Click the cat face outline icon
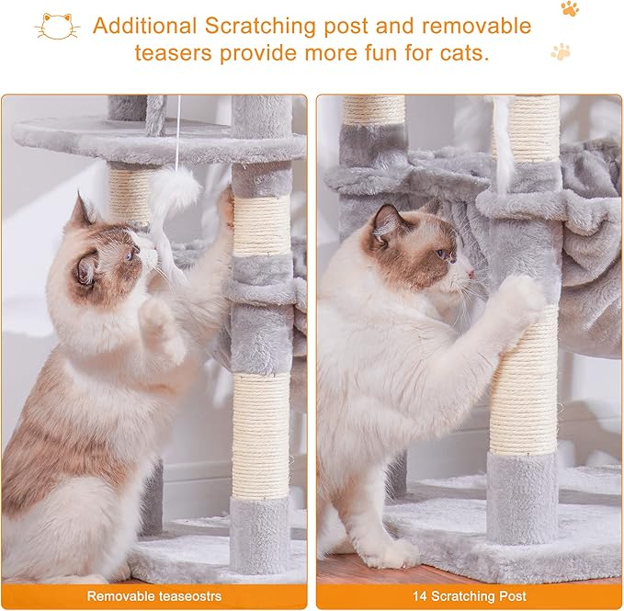coord(57,27)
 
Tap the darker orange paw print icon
coord(570,8)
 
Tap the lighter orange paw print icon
coord(561,51)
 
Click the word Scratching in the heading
coord(260,27)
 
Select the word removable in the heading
coord(476,27)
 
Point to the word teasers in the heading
coord(173,53)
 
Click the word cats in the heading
coord(464,53)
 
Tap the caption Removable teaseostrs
coord(154,596)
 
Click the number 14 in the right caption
coord(420,596)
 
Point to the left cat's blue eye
coord(130,255)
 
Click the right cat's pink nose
coord(471,274)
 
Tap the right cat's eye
coord(440,253)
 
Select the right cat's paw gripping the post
coord(520,297)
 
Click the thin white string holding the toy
coord(178,131)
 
